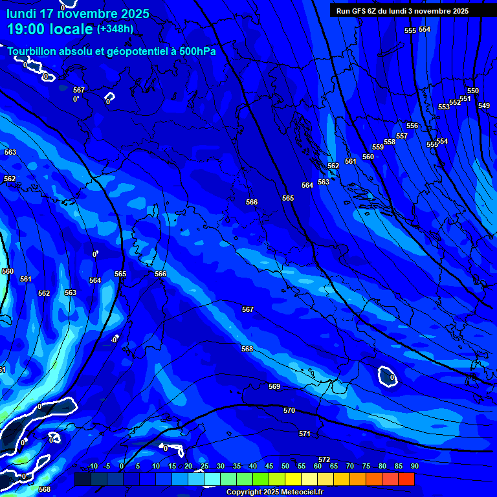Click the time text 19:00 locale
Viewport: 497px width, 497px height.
50,30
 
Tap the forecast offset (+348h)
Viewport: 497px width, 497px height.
115,29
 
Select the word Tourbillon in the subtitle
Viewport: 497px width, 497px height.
33,51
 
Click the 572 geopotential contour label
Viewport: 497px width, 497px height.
324,460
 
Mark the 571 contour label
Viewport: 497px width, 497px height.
305,434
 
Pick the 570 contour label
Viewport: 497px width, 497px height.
289,410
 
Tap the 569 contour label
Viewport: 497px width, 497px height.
274,386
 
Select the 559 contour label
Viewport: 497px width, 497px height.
378,147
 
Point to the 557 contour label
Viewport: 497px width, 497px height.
402,136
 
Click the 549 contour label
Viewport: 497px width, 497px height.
484,105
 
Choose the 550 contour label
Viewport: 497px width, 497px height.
473,91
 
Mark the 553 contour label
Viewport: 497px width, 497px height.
444,107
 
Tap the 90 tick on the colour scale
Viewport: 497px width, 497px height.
414,466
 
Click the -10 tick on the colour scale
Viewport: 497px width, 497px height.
92,466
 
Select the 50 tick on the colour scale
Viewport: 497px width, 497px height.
285,466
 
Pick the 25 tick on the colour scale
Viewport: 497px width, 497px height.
204,466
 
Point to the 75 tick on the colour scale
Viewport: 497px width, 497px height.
366,466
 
